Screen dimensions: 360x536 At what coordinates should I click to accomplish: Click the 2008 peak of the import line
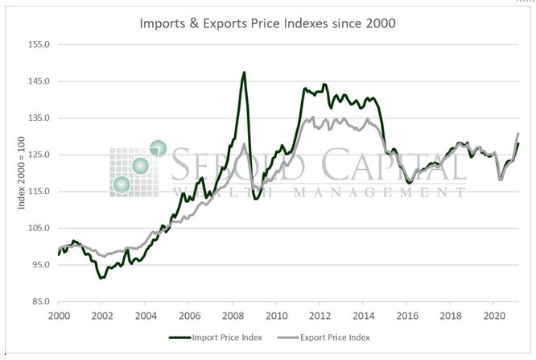coord(244,72)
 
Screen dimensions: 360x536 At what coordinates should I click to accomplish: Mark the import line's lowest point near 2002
coord(101,278)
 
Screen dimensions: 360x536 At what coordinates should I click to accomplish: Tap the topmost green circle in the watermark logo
coord(158,148)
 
